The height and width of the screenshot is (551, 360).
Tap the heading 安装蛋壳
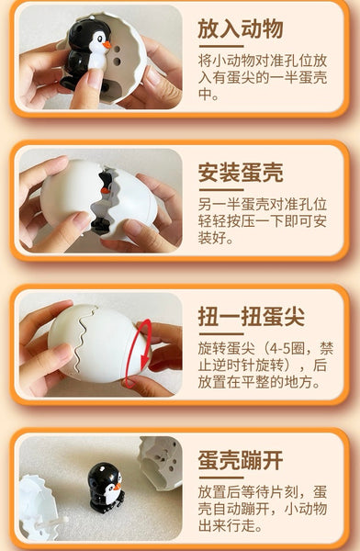240,172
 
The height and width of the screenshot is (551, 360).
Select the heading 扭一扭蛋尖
251,317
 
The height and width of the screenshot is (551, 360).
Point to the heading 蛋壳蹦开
240,459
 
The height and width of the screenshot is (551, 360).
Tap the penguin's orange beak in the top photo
107,43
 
